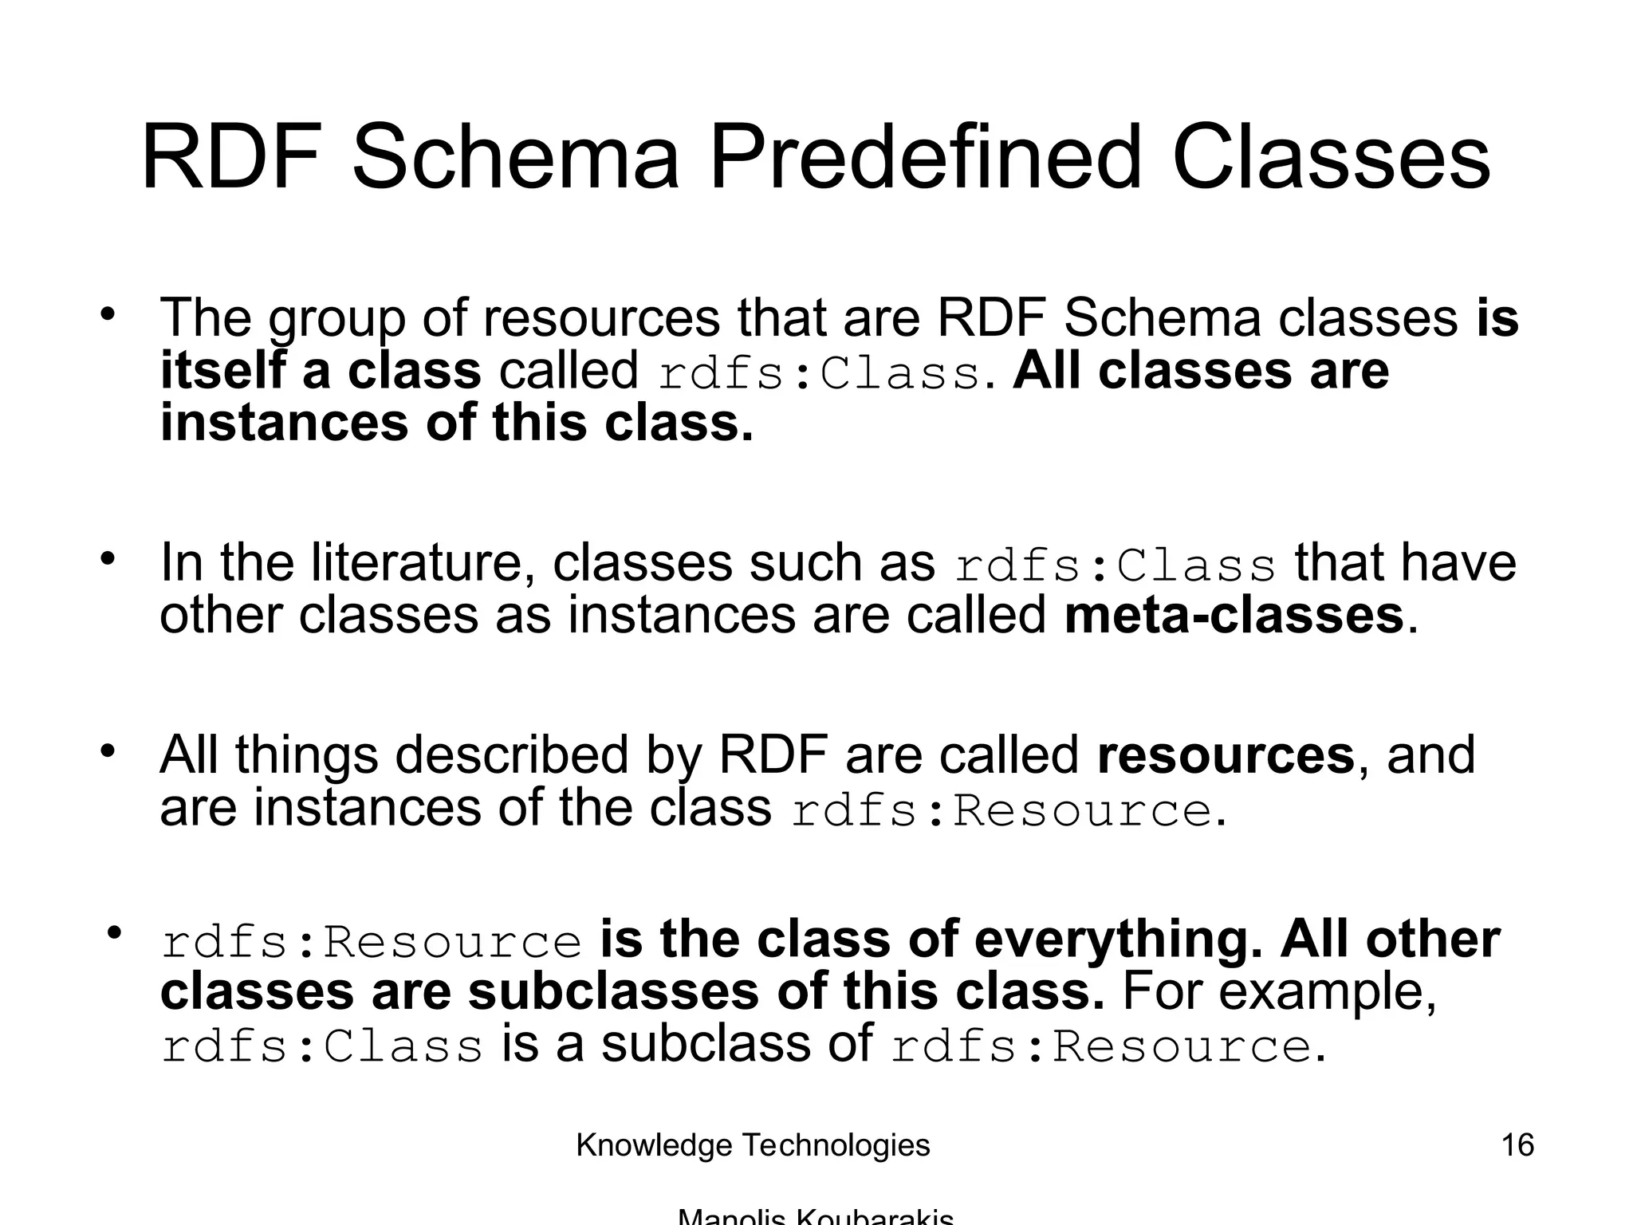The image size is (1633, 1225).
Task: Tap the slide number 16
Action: (x=1517, y=1145)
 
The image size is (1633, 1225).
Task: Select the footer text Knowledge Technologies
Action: (x=753, y=1145)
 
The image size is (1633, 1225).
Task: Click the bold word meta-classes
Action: (x=1234, y=615)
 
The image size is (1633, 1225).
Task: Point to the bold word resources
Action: (x=1226, y=754)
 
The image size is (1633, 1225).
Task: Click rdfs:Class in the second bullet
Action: (x=1115, y=565)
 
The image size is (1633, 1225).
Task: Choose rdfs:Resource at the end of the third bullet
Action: (x=1001, y=811)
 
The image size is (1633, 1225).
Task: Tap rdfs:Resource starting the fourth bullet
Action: (x=372, y=942)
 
